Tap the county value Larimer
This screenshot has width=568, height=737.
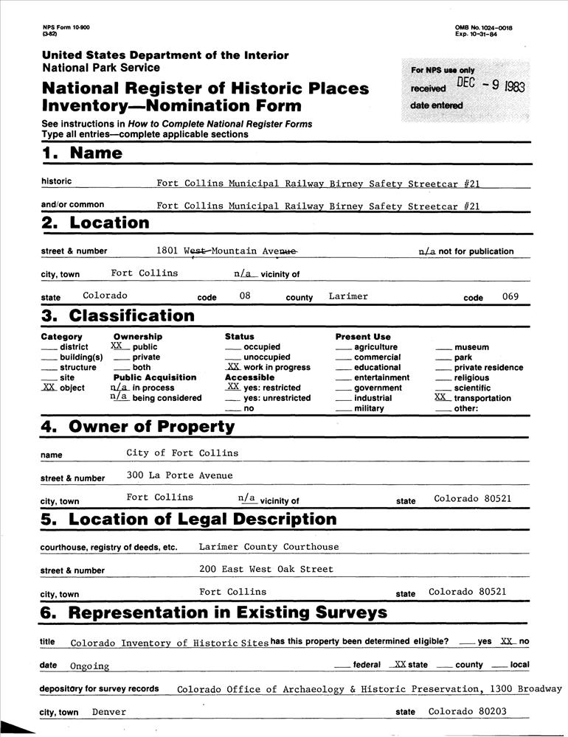(x=348, y=296)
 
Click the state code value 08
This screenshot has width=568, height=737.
(x=246, y=296)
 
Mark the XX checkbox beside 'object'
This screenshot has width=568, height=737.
(x=49, y=388)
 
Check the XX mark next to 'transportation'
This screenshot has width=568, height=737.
(x=442, y=397)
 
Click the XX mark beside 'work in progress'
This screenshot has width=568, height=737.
(x=232, y=366)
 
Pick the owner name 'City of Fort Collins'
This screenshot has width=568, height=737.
(x=182, y=453)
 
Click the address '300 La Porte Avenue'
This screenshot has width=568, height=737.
(x=179, y=475)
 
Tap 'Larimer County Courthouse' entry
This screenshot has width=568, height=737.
(x=269, y=547)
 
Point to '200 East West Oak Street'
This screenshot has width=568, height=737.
(x=266, y=569)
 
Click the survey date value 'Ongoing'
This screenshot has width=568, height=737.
(x=89, y=666)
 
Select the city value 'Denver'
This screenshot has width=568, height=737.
(x=109, y=712)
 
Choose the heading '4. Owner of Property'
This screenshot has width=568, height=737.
(x=139, y=427)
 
